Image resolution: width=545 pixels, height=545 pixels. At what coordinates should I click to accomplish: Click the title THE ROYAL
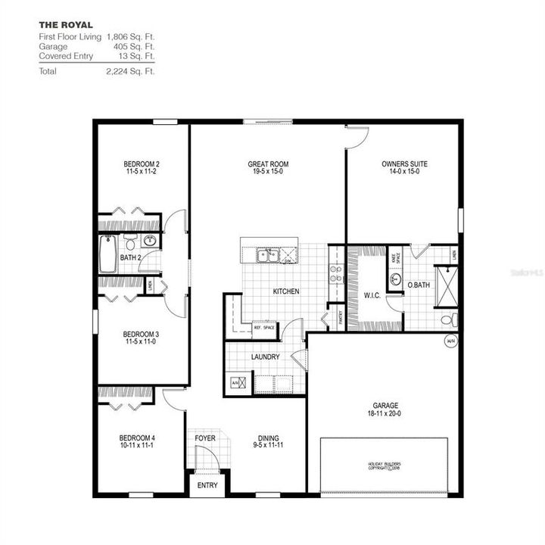(x=66, y=25)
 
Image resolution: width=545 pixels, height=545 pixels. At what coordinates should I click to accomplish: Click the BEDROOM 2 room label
(x=142, y=164)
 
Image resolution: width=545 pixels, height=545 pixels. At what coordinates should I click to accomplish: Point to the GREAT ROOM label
(x=268, y=164)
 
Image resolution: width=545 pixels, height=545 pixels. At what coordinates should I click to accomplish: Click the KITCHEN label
(x=286, y=291)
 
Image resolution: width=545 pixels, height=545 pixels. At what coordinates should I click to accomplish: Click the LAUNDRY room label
(x=265, y=357)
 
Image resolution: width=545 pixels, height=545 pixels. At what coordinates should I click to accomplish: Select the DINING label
(x=268, y=438)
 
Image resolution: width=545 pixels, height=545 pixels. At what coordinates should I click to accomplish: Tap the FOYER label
(x=205, y=438)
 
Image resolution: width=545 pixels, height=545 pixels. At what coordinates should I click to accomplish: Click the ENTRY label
(x=207, y=485)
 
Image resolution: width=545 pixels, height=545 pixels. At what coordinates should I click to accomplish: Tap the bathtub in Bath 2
(x=107, y=254)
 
